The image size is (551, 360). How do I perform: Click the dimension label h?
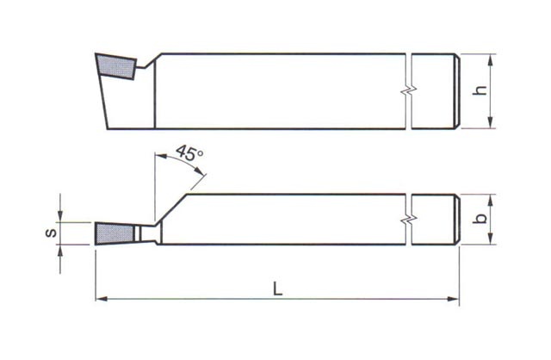(482, 90)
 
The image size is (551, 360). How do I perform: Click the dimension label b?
(482, 219)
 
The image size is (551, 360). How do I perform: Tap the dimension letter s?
(50, 232)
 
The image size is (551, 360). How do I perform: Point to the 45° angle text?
(189, 154)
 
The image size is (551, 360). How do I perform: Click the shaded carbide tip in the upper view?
(114, 65)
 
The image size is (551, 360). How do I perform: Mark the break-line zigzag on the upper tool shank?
(410, 90)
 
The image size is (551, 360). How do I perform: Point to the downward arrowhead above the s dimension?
(60, 215)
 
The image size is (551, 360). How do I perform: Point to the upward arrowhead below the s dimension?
(60, 250)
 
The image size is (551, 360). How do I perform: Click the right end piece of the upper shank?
(435, 91)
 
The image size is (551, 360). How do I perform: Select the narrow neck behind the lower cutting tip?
(146, 232)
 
